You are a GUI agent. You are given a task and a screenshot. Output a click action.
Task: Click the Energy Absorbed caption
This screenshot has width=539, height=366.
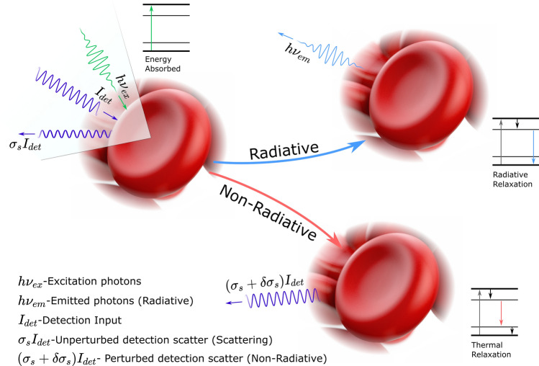pos(162,63)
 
